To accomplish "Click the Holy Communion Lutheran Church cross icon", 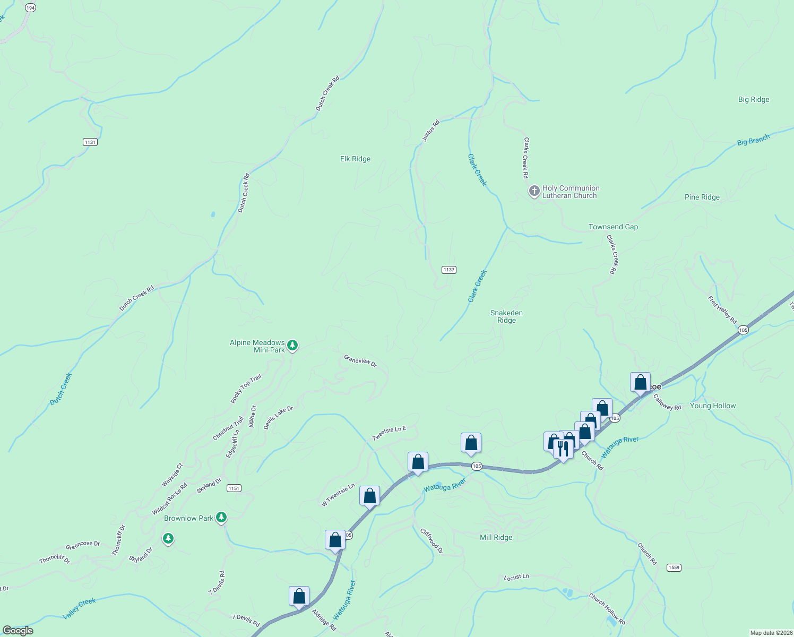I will coord(534,191).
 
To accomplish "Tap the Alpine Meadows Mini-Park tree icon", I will coord(292,346).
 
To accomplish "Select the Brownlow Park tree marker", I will coord(221,517).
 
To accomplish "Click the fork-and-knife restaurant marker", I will coord(563,449).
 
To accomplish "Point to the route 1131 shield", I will coord(90,142).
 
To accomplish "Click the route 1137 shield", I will coord(449,270).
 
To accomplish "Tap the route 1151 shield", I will coord(234,488).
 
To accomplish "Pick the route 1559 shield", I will coord(674,567).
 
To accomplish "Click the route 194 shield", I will coord(30,8).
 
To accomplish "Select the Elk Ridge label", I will coord(355,159).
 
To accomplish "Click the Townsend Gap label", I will coord(613,227).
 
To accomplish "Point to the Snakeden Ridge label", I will coord(506,316).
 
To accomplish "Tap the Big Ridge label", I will coord(753,99).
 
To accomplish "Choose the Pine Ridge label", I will coord(702,197).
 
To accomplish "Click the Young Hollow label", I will coord(712,406).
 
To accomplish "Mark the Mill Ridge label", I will coord(496,537).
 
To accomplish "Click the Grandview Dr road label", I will coord(360,361).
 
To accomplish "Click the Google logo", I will coord(18,631).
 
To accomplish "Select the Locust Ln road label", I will coord(516,577).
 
